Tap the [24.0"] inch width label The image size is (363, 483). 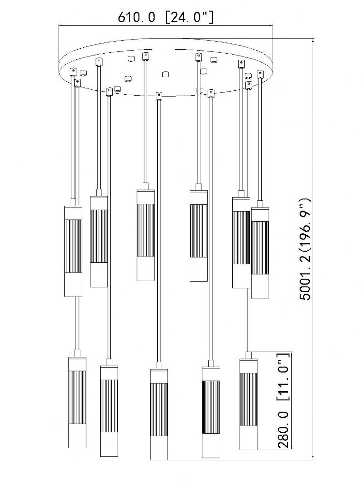coord(189,17)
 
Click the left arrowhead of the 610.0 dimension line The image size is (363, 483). coord(61,25)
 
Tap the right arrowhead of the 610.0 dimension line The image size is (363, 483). coord(272,25)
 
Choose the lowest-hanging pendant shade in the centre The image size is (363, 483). coord(159,414)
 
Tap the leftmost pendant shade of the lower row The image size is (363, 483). coord(77,403)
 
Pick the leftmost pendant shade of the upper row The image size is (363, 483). coord(73,251)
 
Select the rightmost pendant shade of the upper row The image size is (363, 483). coord(260,253)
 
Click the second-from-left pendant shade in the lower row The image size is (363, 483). coord(109,411)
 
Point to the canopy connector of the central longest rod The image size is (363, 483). coord(159,96)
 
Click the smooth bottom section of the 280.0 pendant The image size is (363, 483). coord(248,438)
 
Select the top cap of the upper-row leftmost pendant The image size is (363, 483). coord(73,212)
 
